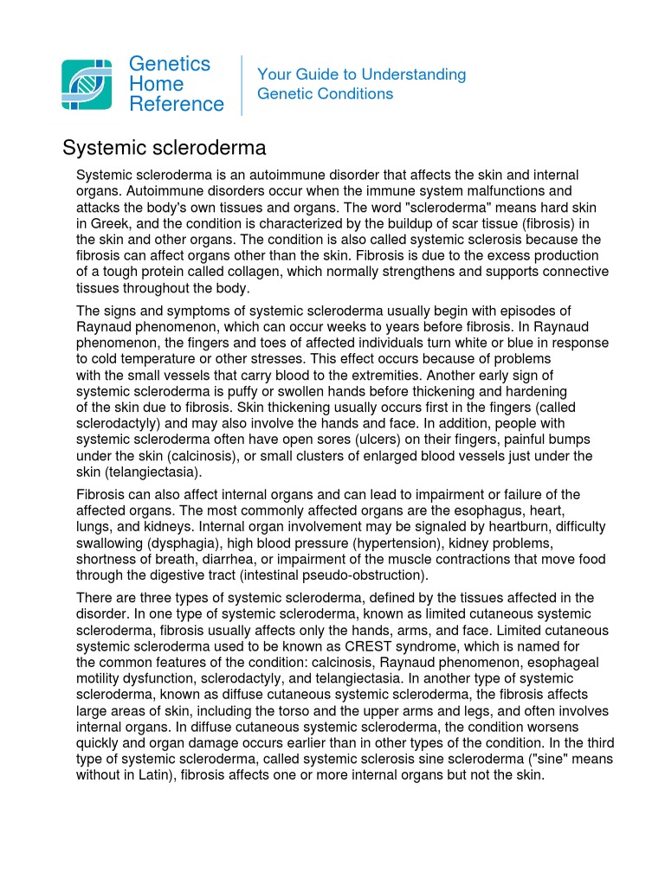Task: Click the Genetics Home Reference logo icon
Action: tap(87, 84)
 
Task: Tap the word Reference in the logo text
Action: tap(177, 105)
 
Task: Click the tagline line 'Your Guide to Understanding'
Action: tap(361, 74)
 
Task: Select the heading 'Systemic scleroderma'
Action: tap(164, 148)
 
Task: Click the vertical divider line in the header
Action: tap(242, 85)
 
